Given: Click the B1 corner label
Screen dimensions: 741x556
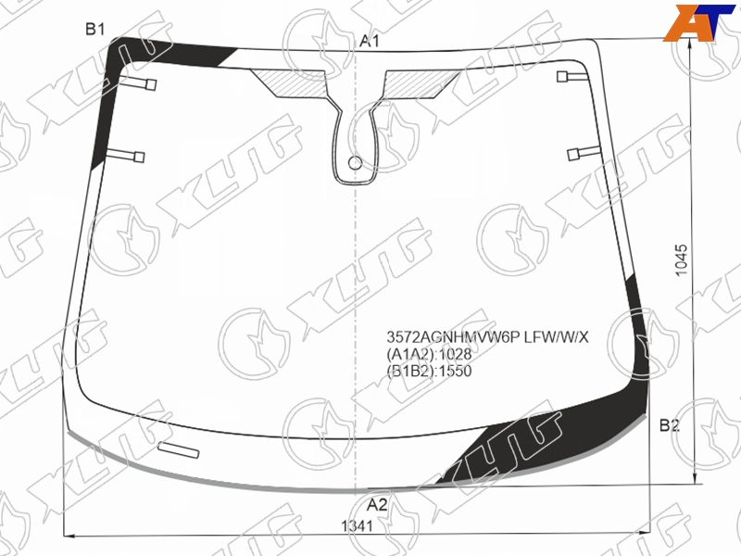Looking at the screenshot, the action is [95, 30].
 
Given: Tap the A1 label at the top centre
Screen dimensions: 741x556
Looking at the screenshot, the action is [370, 42].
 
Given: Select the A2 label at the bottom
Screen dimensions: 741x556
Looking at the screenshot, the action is [377, 505].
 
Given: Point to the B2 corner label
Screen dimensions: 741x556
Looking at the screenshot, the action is [669, 425].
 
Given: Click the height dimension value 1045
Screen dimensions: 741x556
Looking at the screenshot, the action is [681, 260].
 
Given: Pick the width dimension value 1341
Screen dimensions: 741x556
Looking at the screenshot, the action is [358, 525].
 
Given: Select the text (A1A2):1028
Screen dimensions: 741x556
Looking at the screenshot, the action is [429, 354].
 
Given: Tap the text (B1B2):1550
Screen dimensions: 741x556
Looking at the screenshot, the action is [429, 371].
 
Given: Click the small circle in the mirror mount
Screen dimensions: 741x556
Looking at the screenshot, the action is [355, 163].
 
